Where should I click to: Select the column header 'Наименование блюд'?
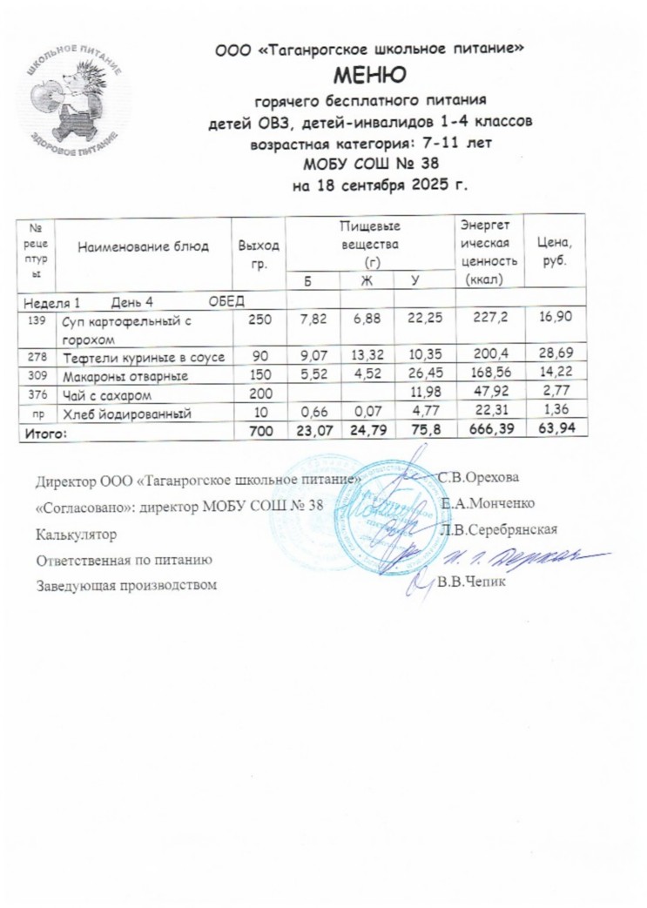(x=143, y=246)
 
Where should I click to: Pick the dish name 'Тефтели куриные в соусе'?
(x=142, y=358)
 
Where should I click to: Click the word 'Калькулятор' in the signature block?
(x=75, y=530)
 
